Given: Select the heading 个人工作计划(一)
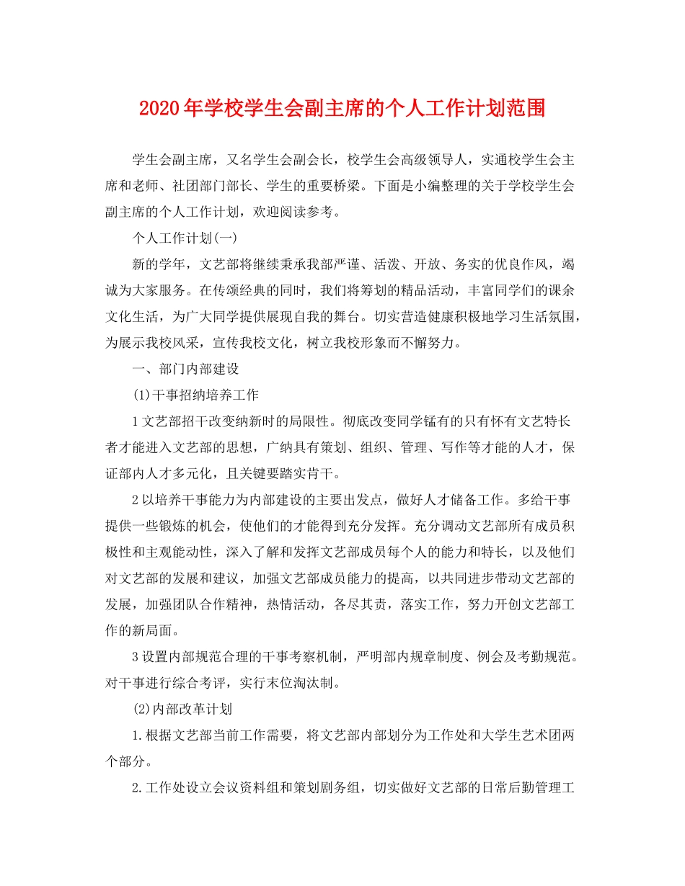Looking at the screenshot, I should tap(176, 238).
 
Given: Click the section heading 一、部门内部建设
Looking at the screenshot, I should tap(185, 369).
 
